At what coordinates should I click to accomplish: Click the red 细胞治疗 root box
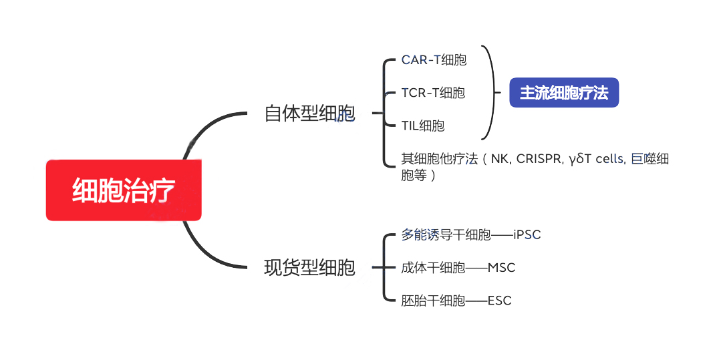coord(124,190)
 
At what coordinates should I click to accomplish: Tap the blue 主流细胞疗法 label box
coord(564,93)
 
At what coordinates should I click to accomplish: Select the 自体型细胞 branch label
coord(309,114)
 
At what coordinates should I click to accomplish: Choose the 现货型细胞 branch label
coord(309,268)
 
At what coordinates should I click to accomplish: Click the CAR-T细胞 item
coord(434,60)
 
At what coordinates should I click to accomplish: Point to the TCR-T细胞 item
coord(433,93)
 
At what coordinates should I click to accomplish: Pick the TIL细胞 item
coord(423,126)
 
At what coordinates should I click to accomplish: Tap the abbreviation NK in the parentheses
coord(499,159)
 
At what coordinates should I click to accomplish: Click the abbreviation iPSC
coord(527,235)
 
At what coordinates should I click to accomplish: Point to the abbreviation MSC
coord(502,268)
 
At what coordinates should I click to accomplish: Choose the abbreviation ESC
coord(500,301)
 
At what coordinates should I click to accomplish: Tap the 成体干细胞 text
coord(433,268)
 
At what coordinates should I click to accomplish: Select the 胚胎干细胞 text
coord(433,301)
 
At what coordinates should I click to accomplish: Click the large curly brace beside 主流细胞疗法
coord(493,93)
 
